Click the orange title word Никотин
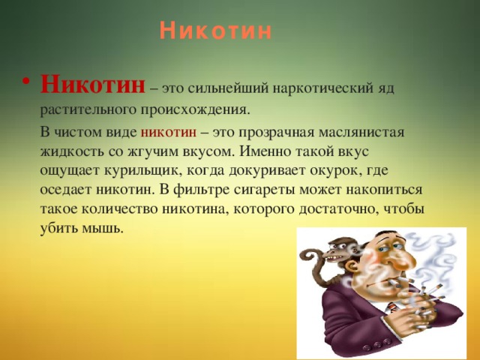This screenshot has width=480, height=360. (x=216, y=31)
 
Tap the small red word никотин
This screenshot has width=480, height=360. (x=168, y=133)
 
